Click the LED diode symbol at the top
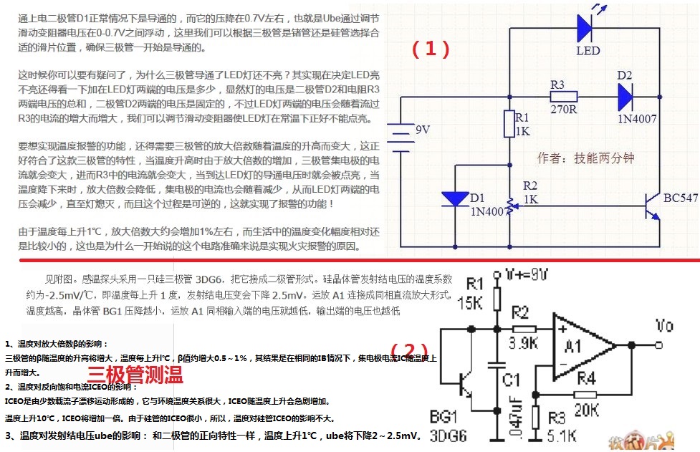coord(586,28)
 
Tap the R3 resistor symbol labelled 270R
coord(564,97)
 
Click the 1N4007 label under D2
coord(637,120)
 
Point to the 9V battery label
coord(423,130)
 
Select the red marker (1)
coord(431,48)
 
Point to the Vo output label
coord(664,326)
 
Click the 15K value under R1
coord(470,303)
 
